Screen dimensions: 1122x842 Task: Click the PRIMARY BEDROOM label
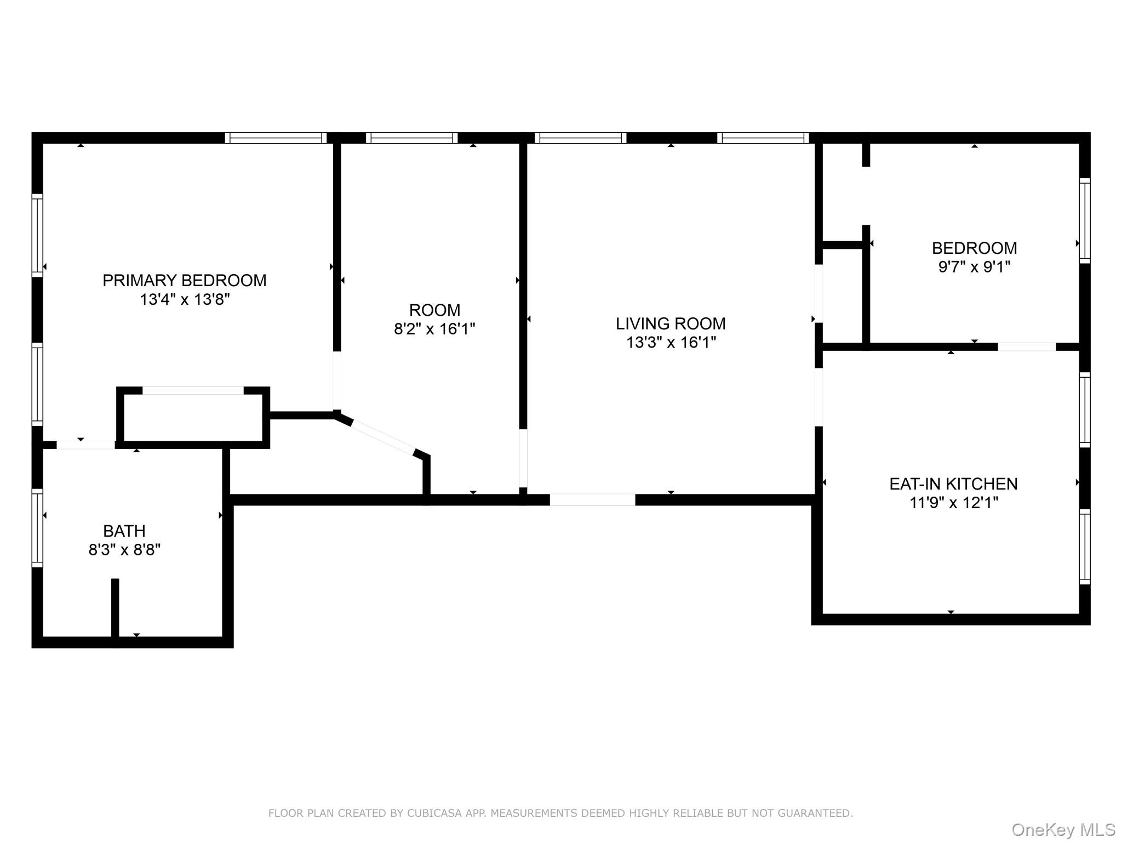(185, 280)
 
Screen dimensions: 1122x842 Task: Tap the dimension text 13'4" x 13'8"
(185, 299)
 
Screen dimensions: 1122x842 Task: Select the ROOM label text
(434, 310)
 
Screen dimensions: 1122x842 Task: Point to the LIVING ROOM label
(671, 323)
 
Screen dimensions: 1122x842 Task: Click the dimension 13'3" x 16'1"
(671, 342)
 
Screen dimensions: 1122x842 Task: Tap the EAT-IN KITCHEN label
(953, 483)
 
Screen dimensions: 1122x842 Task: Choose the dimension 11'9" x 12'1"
(954, 502)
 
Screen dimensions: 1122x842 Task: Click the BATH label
(124, 531)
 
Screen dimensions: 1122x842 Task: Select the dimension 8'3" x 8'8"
(124, 549)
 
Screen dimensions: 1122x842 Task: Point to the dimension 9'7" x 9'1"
(974, 266)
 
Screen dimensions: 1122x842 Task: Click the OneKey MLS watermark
(1063, 829)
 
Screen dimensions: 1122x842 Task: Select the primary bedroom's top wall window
(276, 138)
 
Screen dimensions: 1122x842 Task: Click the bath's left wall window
(37, 527)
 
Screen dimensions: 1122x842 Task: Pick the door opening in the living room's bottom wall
(592, 500)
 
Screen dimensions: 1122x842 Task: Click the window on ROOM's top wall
(411, 138)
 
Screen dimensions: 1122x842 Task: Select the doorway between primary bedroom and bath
(86, 445)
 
